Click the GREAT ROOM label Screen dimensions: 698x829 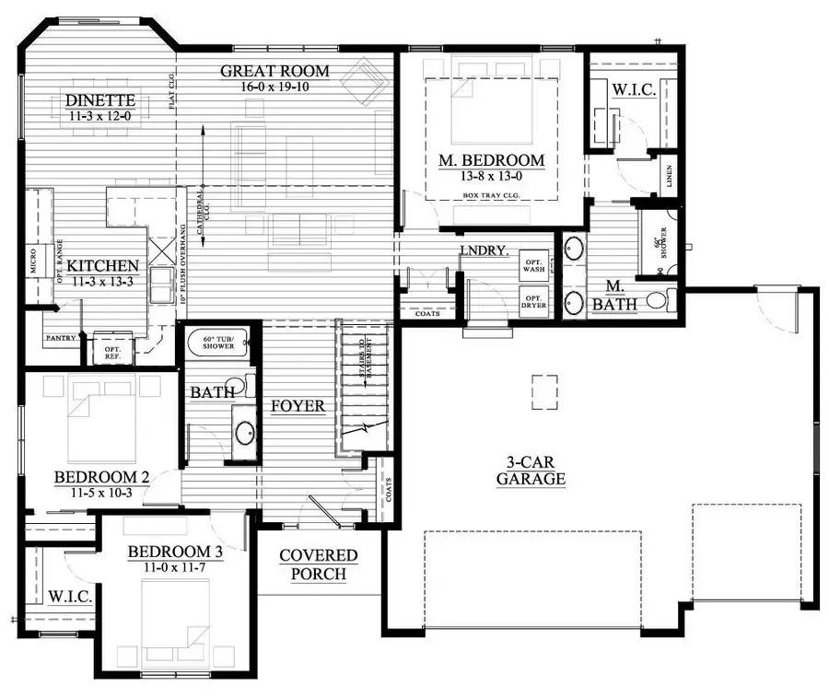275,71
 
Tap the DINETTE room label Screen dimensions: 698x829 101,100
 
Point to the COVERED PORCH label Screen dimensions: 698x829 319,564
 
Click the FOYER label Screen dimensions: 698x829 298,406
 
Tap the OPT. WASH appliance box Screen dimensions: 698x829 533,264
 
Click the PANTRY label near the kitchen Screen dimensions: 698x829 60,338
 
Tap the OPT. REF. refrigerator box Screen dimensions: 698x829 112,350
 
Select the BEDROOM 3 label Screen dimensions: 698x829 175,552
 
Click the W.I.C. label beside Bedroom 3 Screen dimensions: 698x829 69,597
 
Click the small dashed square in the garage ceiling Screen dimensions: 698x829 543,391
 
